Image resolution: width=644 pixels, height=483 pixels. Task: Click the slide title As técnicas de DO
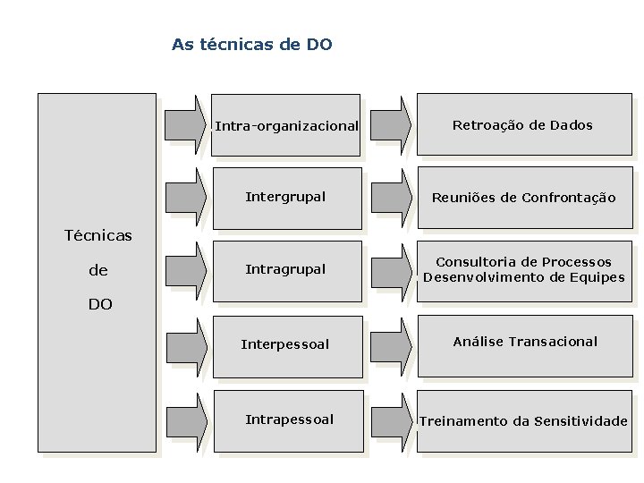pos(251,44)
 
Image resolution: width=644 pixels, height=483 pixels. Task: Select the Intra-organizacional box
pos(286,125)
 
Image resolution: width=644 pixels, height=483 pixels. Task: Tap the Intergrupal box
pos(286,197)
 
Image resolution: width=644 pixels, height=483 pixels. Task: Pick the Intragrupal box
pos(286,269)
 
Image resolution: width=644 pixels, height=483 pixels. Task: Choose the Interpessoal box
pos(286,344)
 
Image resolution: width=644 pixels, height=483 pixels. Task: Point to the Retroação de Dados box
pos(522,125)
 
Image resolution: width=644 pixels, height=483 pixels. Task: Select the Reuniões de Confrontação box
pos(524,198)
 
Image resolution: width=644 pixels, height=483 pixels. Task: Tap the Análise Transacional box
pos(525,342)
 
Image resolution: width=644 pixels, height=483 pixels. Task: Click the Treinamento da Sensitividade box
pos(524,420)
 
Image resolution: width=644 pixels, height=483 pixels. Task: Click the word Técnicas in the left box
pos(98,236)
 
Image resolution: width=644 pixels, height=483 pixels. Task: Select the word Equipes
pos(594,277)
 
